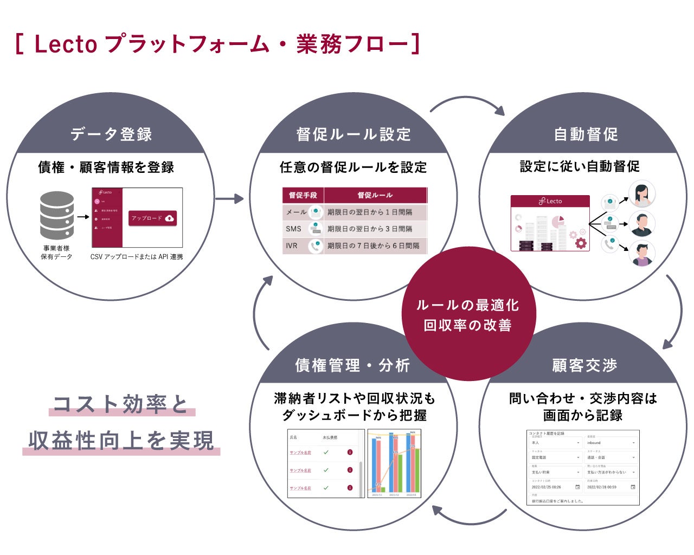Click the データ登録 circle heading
tap(111, 134)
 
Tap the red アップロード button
tap(152, 218)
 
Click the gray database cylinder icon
tap(57, 215)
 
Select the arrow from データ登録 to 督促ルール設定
tap(229, 199)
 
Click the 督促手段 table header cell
tap(303, 195)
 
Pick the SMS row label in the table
tap(293, 229)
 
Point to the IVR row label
tap(292, 246)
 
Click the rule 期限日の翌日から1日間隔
tap(370, 212)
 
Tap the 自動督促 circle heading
tap(586, 134)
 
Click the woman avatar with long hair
tap(641, 193)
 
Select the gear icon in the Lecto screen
tap(581, 243)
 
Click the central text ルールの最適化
tap(467, 305)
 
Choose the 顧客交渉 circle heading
tap(584, 365)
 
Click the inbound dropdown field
tap(611, 443)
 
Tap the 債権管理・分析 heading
tap(352, 365)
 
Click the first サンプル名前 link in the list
tap(300, 453)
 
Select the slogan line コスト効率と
tap(120, 404)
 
